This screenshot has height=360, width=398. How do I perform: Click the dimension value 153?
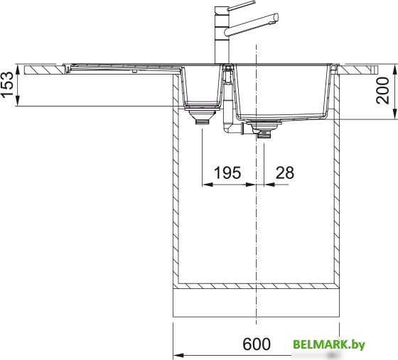tap(7, 84)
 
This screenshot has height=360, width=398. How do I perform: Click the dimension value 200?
tap(382, 90)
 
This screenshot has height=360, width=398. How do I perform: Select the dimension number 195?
tap(227, 173)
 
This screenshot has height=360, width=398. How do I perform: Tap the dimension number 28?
tap(285, 173)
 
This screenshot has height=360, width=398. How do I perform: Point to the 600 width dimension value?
tap(257, 344)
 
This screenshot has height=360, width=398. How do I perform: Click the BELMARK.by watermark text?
tap(329, 344)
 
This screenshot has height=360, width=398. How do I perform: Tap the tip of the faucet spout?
tap(276, 18)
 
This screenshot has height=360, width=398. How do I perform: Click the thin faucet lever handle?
tap(241, 6)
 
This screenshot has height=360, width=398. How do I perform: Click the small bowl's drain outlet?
tap(203, 122)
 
